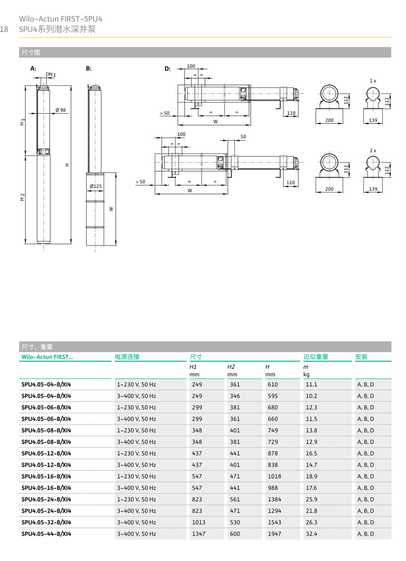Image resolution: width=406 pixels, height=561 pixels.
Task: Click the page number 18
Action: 5,29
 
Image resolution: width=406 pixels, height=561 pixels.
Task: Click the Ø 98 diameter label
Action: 60,110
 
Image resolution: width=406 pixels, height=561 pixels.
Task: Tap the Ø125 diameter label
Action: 95,186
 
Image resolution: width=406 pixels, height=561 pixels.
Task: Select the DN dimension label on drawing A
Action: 50,74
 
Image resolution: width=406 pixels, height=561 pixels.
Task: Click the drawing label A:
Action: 33,68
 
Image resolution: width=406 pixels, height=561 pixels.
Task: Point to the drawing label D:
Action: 167,68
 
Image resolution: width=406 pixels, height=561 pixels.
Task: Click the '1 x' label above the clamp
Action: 373,81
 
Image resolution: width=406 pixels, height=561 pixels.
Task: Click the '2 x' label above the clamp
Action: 373,150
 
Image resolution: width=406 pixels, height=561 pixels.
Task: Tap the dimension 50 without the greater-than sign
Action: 243,137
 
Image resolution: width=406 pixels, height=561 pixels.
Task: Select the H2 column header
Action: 231,366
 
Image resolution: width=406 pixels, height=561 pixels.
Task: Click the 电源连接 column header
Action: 127,357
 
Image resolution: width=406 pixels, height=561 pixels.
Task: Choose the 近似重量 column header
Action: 316,357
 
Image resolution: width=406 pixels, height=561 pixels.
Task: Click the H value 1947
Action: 274,534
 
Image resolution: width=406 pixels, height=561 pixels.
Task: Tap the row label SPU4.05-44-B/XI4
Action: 46,534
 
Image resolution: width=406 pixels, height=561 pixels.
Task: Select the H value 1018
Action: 274,476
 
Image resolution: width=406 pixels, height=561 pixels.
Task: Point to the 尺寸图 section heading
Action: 30,52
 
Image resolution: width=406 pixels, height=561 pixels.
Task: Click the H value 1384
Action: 274,499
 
